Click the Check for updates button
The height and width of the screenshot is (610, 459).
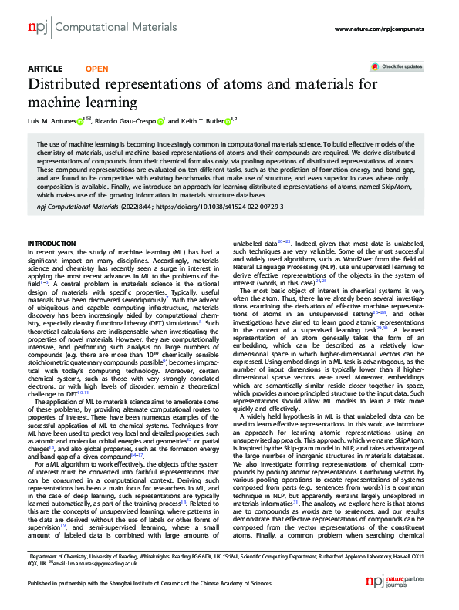point(397,67)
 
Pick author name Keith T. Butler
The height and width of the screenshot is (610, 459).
point(200,120)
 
